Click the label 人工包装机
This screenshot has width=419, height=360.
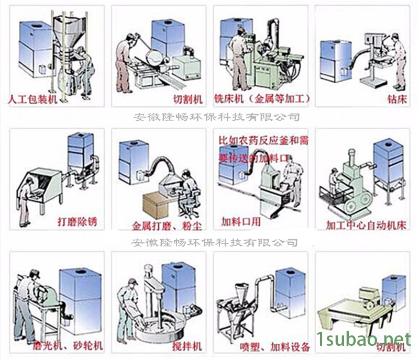click(x=33, y=98)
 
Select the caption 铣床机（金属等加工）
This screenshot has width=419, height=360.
click(x=262, y=98)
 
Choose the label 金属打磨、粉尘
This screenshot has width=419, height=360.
click(x=167, y=227)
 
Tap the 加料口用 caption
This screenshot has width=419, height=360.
click(x=241, y=221)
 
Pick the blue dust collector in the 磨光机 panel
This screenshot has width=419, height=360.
click(x=81, y=301)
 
